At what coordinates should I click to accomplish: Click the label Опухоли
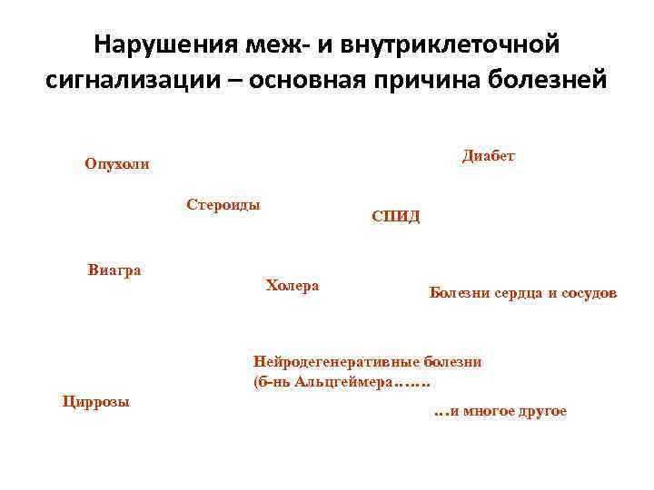117,164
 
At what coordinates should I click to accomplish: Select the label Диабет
489,156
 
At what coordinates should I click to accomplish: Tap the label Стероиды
223,204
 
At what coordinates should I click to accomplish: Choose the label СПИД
396,217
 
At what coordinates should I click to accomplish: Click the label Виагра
114,269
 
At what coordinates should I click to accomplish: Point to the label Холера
292,286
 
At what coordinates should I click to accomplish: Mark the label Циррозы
95,401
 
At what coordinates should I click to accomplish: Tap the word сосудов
590,294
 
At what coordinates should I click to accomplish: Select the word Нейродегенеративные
340,361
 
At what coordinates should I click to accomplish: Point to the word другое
543,411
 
